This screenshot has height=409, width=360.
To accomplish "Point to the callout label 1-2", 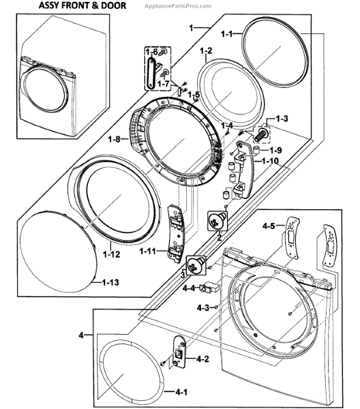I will (x=206, y=50).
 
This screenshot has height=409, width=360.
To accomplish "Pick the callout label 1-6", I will (x=151, y=52).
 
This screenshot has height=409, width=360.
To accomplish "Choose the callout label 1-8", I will (x=114, y=140).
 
